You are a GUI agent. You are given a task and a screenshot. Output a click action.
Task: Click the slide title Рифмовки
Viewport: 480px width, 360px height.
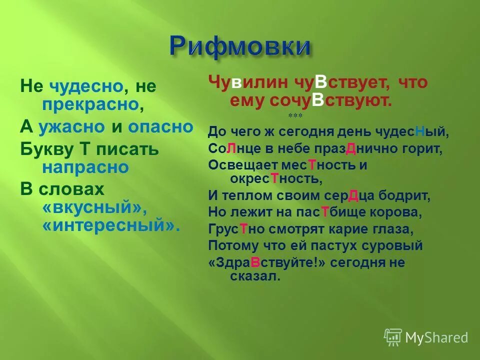coord(240,46)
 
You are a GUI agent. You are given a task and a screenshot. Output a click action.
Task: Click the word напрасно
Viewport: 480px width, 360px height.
coord(85,167)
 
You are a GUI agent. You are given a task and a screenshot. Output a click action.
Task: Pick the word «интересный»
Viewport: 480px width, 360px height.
coord(110,225)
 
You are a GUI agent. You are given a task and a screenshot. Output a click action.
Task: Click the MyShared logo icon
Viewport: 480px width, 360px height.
coord(392,337)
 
